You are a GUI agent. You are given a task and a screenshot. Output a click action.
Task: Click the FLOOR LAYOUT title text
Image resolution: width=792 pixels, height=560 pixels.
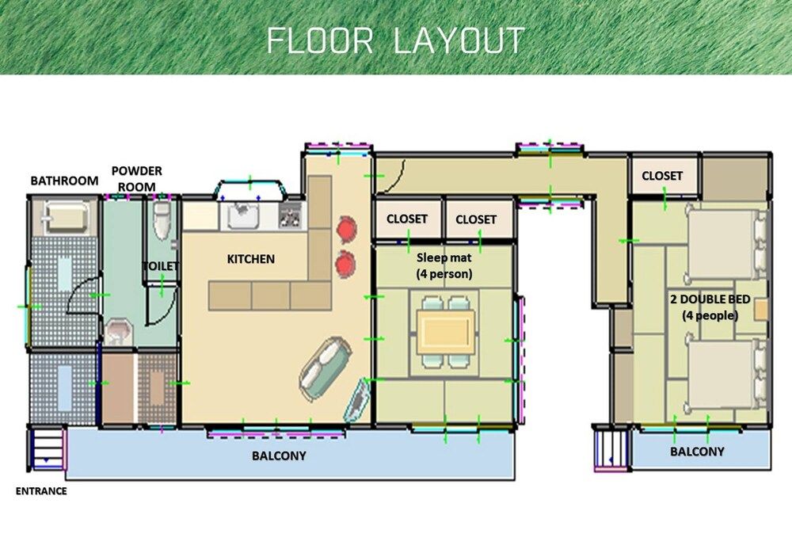coord(395,40)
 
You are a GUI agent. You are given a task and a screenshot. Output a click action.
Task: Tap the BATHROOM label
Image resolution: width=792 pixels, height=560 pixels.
coord(64,181)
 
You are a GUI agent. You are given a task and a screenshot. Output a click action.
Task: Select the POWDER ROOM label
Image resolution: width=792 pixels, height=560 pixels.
coord(136,178)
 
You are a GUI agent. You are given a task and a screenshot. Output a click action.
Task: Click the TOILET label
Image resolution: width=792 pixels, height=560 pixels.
coord(161,266)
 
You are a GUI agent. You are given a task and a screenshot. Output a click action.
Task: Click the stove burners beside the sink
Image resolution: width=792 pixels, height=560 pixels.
coord(290,214)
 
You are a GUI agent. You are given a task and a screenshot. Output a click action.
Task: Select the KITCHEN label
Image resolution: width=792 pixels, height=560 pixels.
coord(251,259)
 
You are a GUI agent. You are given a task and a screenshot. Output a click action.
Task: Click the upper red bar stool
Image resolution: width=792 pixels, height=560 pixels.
coord(347,228)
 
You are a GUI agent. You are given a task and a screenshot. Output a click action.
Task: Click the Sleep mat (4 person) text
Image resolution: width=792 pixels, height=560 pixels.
coord(444,265)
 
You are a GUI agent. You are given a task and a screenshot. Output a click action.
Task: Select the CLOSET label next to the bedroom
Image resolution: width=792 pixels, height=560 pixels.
coord(662,176)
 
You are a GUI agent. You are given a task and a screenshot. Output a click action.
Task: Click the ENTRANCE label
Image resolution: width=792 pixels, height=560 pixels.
coord(41,491)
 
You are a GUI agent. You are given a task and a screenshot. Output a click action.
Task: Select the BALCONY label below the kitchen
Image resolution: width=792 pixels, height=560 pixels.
coord(279,455)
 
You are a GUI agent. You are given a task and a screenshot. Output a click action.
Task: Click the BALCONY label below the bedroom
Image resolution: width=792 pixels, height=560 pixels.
coord(697,451)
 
